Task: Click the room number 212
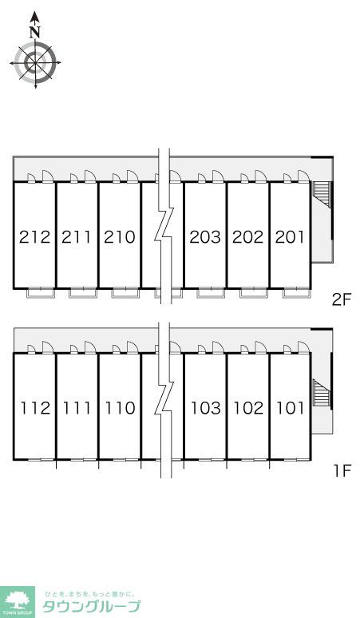click(35, 237)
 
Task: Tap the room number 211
click(77, 237)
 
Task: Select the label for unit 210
click(120, 237)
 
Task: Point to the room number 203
click(205, 237)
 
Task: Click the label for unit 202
click(247, 237)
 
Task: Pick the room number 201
click(290, 237)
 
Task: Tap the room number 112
click(35, 408)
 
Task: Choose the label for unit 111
click(77, 408)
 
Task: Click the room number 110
click(120, 408)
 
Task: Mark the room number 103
click(206, 408)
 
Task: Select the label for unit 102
click(248, 408)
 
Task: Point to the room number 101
click(291, 408)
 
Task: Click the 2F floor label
click(342, 300)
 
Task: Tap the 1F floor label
click(342, 471)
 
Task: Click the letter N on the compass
click(35, 31)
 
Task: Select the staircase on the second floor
click(321, 194)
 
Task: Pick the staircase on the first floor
click(321, 392)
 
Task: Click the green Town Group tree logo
click(18, 602)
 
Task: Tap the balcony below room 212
click(40, 293)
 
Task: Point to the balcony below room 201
click(296, 293)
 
